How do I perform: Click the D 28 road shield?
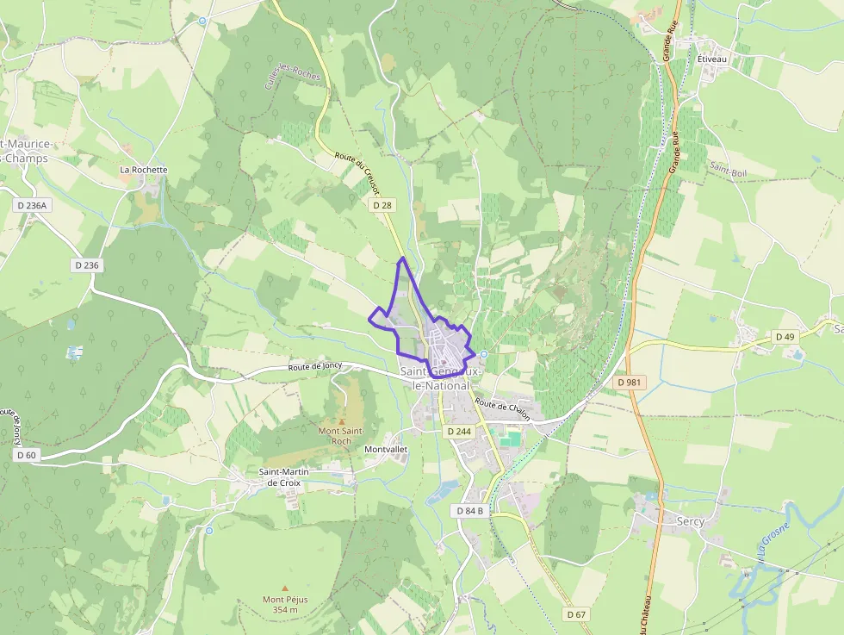pos(383,206)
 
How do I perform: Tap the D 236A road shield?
pos(33,205)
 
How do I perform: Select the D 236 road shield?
pos(87,265)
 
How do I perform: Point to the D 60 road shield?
pos(26,455)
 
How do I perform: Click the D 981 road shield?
pos(630,381)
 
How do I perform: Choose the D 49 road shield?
pos(784,336)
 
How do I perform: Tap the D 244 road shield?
pos(458,430)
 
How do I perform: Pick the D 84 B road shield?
pos(469,511)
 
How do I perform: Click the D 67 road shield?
pos(576,614)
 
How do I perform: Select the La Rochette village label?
pos(144,170)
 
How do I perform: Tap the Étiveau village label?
pos(712,59)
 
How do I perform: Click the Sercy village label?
pos(690,521)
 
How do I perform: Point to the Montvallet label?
pos(386,450)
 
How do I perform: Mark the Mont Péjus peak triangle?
pos(285,588)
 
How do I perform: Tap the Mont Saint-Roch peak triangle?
pos(340,420)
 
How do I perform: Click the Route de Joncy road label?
pos(314,366)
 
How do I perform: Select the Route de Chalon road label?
pos(503,409)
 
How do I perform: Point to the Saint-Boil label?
pos(728,172)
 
